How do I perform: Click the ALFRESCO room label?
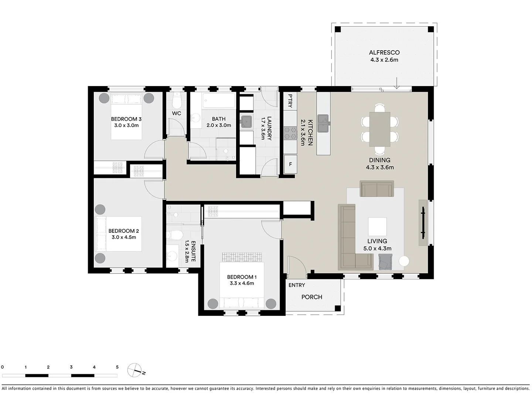[384, 52]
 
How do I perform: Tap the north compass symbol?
[135, 370]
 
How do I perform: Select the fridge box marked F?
[290, 164]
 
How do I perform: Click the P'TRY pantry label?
[290, 101]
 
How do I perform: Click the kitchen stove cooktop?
[290, 134]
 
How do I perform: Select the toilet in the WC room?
[177, 99]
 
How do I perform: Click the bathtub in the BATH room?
[219, 100]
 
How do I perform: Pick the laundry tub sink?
[246, 122]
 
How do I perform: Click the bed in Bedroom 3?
[126, 116]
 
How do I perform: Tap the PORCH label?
[312, 297]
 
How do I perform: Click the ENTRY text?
[297, 285]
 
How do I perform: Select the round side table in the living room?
[404, 261]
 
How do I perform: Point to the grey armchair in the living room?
[385, 262]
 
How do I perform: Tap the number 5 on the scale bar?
[117, 367]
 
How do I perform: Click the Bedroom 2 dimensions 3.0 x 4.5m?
[124, 237]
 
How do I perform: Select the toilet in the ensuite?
[175, 235]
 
